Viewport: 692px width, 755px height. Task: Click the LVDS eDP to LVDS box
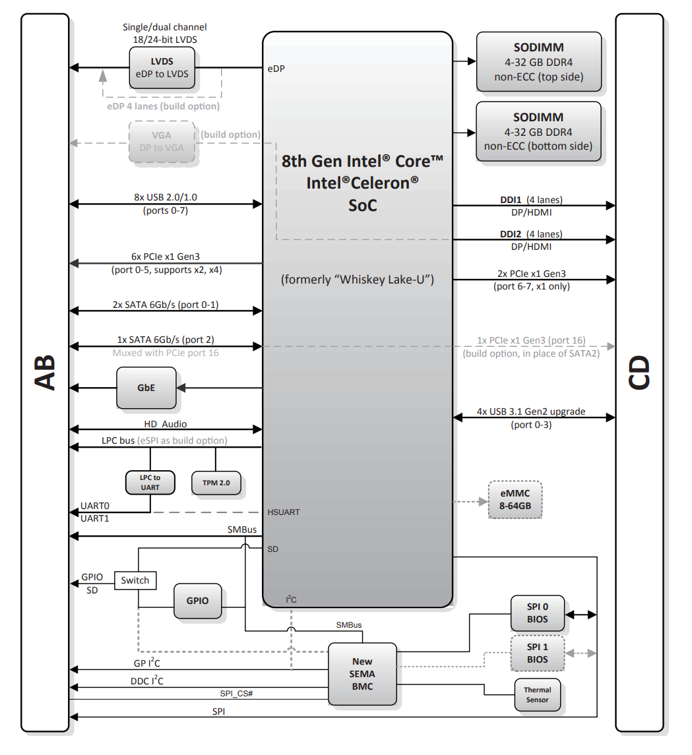(x=162, y=68)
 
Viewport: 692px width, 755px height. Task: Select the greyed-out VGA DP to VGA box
(x=162, y=142)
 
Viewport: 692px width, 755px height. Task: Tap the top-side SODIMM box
(x=539, y=61)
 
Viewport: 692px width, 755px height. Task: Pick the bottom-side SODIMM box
(x=538, y=131)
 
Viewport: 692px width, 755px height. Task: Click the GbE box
(x=146, y=388)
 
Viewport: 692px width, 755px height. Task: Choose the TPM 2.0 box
(x=216, y=483)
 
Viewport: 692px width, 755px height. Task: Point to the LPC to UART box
(x=150, y=483)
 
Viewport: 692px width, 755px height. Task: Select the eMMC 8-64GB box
(x=515, y=500)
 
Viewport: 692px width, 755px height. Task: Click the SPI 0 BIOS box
(x=538, y=613)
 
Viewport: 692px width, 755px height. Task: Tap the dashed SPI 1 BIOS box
(x=538, y=653)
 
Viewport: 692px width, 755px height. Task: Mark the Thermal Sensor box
(x=538, y=695)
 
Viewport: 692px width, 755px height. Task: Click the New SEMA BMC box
(x=363, y=674)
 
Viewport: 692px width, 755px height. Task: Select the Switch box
(x=135, y=580)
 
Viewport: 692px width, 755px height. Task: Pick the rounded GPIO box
(x=197, y=601)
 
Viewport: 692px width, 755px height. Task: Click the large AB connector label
(x=46, y=373)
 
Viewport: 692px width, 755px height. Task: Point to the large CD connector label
(x=639, y=373)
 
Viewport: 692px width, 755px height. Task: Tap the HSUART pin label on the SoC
(x=284, y=512)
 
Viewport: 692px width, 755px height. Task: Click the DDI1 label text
(x=511, y=200)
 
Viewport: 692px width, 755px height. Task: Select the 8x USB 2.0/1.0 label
(x=166, y=197)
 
